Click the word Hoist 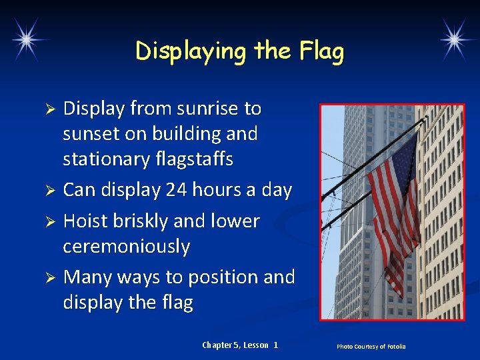click(86, 221)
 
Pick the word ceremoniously click(127, 247)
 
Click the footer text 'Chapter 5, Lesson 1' click(240, 345)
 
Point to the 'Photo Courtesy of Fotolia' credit click(371, 346)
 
